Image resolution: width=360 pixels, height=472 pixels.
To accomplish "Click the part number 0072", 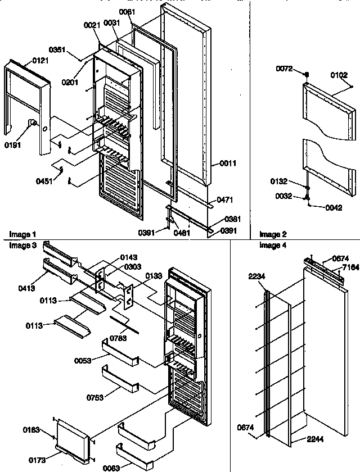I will click(x=284, y=69).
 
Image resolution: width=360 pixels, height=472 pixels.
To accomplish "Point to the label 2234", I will click(x=257, y=276).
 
